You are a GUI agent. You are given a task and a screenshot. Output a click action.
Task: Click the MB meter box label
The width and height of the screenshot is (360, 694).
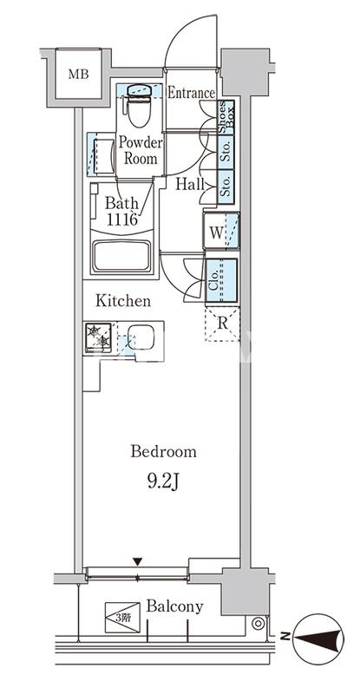(x=78, y=74)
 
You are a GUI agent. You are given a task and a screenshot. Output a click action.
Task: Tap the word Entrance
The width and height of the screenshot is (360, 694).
(x=192, y=93)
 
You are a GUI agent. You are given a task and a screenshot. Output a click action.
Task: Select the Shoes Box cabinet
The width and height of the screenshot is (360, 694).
(x=226, y=117)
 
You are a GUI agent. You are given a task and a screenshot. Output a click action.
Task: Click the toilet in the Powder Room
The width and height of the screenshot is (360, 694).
(x=139, y=105)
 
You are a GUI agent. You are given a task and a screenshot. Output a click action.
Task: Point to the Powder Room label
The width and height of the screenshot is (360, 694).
(x=141, y=150)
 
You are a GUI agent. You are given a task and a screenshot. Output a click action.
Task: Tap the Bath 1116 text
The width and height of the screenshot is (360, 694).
(x=121, y=211)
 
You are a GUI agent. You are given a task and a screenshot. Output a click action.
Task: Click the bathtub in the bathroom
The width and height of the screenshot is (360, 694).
(x=121, y=256)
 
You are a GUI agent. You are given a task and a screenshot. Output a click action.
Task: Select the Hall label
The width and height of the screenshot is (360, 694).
(x=189, y=184)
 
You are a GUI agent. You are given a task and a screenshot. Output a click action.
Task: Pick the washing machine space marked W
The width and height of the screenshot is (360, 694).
(x=221, y=231)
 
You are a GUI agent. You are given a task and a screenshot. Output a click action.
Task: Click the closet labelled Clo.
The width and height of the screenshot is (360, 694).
(x=221, y=280)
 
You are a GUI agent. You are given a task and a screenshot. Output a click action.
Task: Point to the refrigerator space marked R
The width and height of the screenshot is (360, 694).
(x=222, y=324)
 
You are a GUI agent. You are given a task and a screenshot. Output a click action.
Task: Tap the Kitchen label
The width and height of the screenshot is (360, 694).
(x=123, y=301)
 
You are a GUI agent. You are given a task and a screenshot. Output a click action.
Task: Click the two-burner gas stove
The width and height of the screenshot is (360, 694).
(x=99, y=337)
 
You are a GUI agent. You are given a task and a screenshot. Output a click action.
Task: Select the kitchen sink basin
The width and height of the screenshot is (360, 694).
(x=141, y=337)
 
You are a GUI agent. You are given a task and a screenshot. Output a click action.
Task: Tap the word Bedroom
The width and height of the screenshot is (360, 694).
(x=163, y=452)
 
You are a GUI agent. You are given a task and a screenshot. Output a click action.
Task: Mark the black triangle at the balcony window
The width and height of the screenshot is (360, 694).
(x=138, y=562)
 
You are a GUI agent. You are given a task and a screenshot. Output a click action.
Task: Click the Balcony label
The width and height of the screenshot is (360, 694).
(x=175, y=606)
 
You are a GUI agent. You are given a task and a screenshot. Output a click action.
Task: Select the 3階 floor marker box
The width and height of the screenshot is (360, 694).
(x=122, y=618)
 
